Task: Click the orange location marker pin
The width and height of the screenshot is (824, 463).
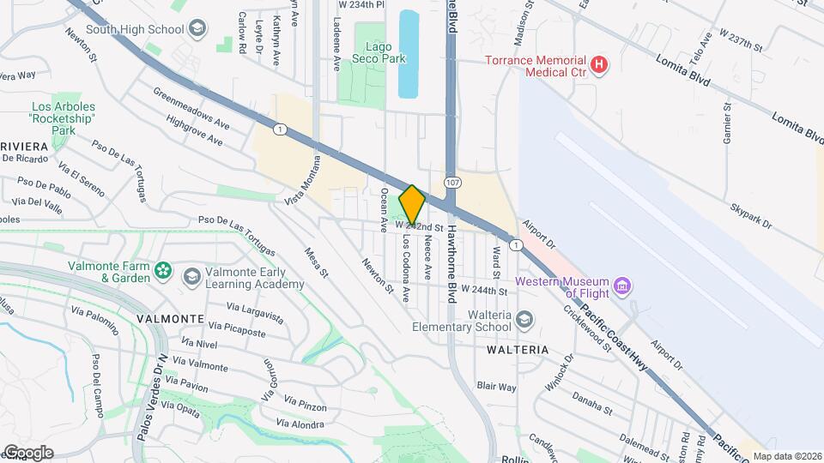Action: [x=412, y=206]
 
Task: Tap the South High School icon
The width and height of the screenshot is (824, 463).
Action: [x=197, y=29]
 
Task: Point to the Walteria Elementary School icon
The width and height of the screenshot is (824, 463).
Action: [x=525, y=320]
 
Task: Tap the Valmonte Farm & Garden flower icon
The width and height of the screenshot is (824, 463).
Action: [x=164, y=272]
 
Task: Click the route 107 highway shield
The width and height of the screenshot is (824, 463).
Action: [x=452, y=183]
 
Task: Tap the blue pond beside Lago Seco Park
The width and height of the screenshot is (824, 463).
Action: [x=409, y=53]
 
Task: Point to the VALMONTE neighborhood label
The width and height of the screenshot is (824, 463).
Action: [x=170, y=318]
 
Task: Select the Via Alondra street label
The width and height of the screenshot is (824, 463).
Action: [x=301, y=424]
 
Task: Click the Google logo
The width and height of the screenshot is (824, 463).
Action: [x=28, y=453]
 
